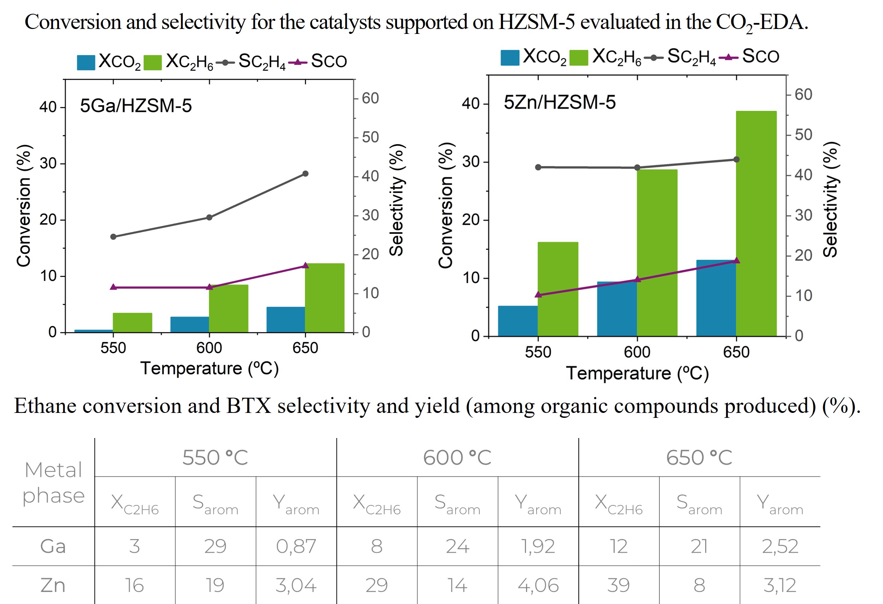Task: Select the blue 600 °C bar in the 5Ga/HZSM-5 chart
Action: coord(189,325)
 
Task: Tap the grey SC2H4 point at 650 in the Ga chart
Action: coord(305,174)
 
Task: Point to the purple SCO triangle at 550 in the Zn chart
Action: coord(538,295)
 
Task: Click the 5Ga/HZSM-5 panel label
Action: coord(136,106)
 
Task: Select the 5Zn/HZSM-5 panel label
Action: coord(559,102)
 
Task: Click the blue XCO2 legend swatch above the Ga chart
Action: coord(86,63)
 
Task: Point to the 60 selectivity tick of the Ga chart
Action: coord(370,98)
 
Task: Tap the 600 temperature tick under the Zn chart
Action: coord(637,352)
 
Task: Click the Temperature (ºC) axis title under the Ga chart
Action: coord(209,369)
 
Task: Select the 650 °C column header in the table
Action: coord(699,457)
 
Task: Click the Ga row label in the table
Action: coord(53,546)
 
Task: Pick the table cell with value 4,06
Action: coord(538,585)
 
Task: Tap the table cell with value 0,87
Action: coord(296,546)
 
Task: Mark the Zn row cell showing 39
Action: coord(619,585)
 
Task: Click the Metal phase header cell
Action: coord(53,482)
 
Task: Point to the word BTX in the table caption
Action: coord(249,406)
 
